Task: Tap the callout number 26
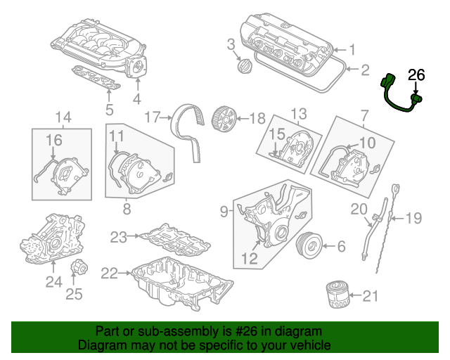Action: (x=416, y=75)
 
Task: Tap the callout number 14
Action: (x=63, y=116)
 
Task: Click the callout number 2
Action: (x=365, y=70)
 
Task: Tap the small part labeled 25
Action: (x=79, y=268)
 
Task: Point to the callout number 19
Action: (x=414, y=219)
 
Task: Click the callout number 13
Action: (x=300, y=114)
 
